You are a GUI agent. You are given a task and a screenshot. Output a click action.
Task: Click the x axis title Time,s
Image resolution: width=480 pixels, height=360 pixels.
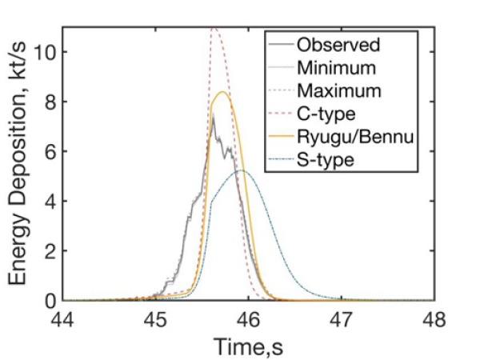249,346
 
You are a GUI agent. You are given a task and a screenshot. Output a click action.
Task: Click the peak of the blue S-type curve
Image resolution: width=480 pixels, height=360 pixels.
241,170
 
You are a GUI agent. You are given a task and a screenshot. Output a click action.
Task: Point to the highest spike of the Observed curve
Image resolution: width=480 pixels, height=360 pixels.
213,115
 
